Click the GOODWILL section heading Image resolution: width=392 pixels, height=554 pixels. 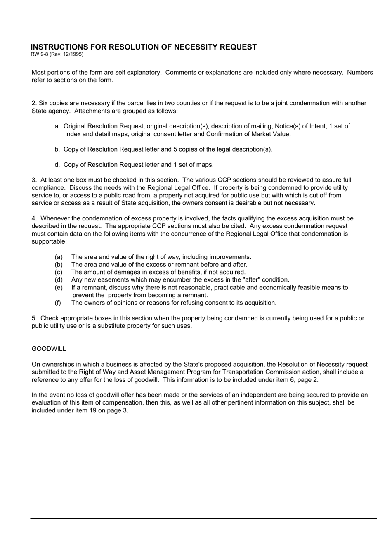[x=49, y=349]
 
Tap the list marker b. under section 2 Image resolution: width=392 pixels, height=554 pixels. [x=57, y=149]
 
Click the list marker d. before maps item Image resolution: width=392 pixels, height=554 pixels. [x=57, y=165]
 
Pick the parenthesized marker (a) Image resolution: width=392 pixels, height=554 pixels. [x=59, y=257]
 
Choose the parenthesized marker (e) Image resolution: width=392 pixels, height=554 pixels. [x=59, y=288]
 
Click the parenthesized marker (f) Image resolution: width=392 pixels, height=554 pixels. [x=58, y=303]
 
